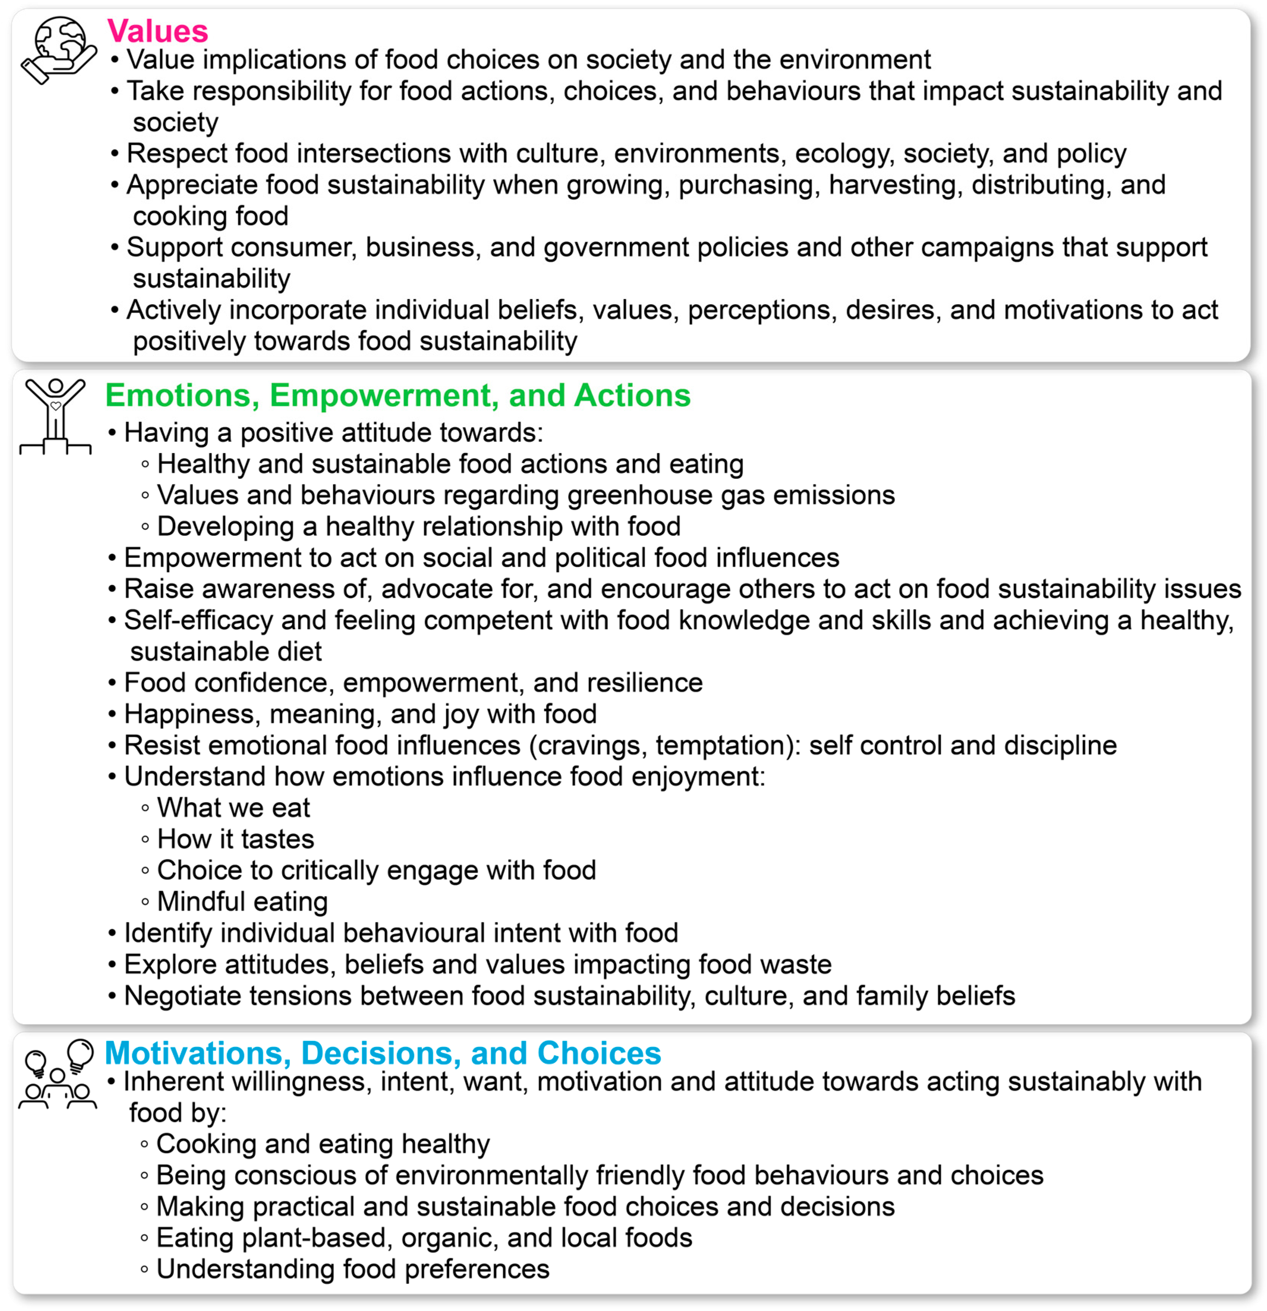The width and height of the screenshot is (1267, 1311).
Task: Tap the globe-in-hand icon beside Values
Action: pos(59,50)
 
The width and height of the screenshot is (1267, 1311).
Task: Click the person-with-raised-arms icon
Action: pos(55,416)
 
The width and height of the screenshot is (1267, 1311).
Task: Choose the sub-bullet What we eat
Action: pos(233,808)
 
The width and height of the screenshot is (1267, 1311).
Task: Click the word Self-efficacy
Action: pos(198,621)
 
